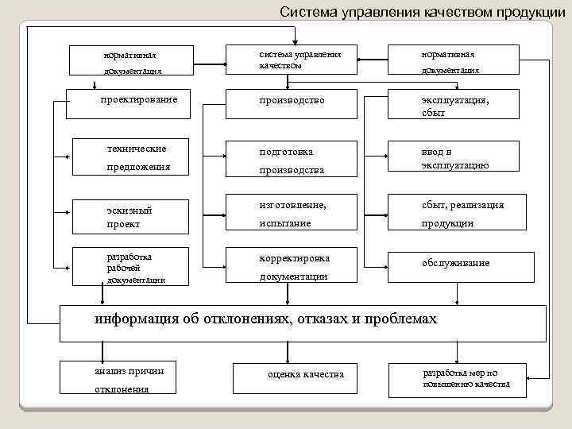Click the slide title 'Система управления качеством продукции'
(416, 11)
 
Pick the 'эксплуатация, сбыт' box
(454, 106)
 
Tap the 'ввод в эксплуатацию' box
(454, 158)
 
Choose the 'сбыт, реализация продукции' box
(454, 214)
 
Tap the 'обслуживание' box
(454, 265)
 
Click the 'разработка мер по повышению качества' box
(457, 380)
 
